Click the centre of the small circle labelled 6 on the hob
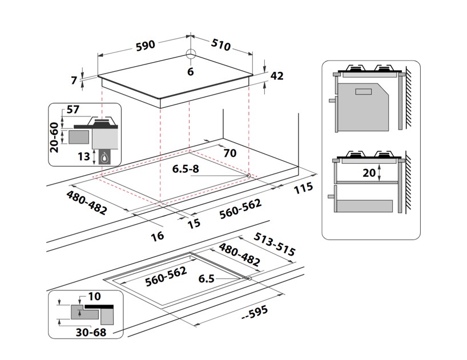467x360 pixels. point(191,54)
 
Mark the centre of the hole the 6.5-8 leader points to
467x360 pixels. point(248,176)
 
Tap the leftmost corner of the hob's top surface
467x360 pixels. point(98,76)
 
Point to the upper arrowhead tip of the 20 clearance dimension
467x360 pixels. point(379,164)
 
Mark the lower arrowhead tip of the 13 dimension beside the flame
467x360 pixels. point(94,164)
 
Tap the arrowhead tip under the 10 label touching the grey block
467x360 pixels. point(79,310)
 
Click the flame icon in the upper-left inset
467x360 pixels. point(104,157)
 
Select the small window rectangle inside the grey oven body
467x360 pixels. point(363,91)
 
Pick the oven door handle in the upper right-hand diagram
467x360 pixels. point(332,100)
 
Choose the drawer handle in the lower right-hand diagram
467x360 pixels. point(331,196)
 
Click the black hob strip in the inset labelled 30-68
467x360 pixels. point(99,306)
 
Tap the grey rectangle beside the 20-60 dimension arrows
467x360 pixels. point(79,137)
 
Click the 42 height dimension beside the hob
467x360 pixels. point(277,76)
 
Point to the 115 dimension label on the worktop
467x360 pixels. point(304,188)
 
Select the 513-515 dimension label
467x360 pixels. point(274,244)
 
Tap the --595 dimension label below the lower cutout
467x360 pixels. point(255,313)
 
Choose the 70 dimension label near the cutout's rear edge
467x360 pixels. point(230,153)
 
